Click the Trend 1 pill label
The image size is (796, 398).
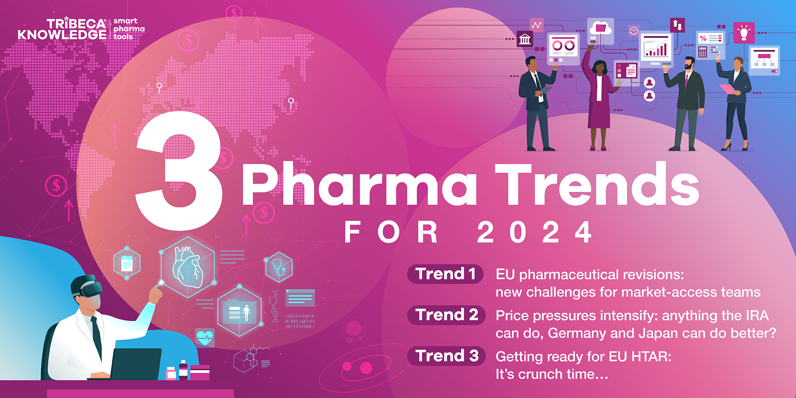point(445,274)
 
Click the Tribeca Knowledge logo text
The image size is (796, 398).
point(62,29)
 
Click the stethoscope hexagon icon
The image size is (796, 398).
point(279,267)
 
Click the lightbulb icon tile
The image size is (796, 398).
point(743,33)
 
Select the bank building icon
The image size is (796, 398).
point(525,39)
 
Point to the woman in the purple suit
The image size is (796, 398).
point(599,99)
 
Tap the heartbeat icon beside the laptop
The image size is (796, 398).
point(205,338)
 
